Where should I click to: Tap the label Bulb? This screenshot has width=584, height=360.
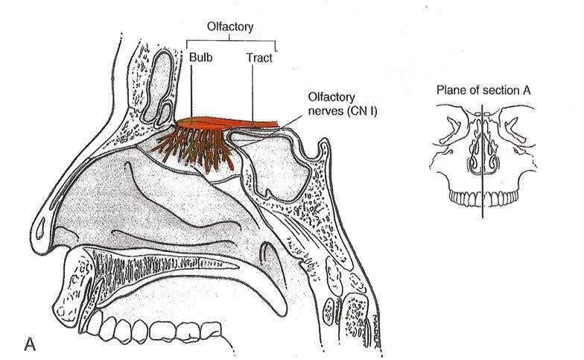[200, 57]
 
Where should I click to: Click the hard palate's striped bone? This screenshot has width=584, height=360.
[149, 265]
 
